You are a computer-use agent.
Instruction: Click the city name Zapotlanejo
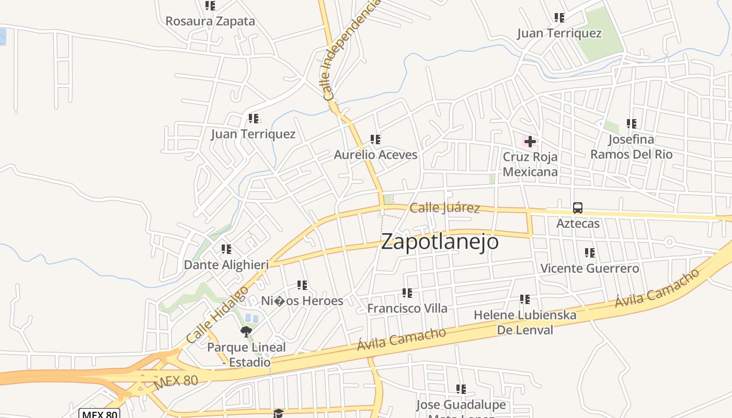(440, 242)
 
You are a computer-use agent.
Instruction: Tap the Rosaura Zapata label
(210, 21)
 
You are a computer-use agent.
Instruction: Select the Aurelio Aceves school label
(375, 155)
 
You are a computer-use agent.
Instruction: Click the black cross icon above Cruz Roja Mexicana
(530, 142)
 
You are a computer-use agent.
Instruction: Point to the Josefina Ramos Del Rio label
(631, 147)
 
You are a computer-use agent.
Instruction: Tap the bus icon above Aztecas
(577, 208)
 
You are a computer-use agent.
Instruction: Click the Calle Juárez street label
(444, 208)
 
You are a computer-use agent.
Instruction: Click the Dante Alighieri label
(226, 265)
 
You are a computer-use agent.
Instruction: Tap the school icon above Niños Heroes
(302, 285)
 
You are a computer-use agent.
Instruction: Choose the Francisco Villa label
(407, 308)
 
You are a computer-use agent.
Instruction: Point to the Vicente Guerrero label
(589, 269)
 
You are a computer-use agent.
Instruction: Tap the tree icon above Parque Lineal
(246, 331)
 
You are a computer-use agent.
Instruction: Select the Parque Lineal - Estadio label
(246, 354)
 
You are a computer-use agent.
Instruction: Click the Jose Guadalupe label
(461, 405)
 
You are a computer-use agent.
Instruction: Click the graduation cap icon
(278, 413)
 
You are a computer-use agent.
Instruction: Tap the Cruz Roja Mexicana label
(530, 164)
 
